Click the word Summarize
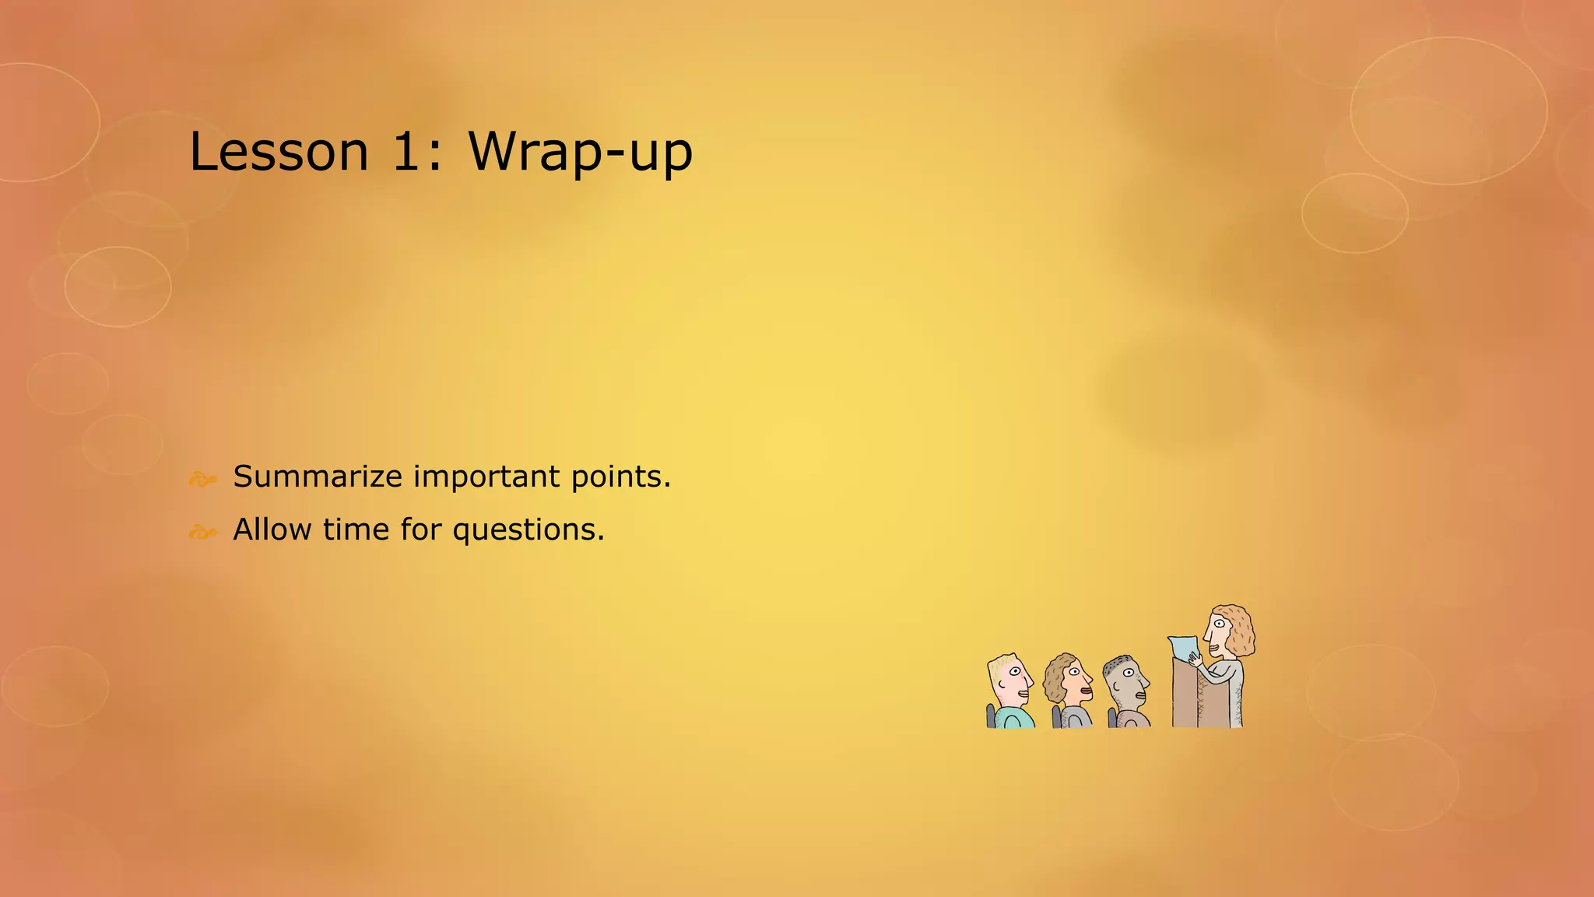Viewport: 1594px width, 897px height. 317,477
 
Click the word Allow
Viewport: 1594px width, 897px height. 272,529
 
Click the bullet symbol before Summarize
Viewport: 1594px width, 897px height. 202,480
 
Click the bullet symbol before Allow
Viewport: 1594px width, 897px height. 202,533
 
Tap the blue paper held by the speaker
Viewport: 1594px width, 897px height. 1183,649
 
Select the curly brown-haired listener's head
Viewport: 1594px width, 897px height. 1067,677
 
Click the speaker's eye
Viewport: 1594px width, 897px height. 1218,623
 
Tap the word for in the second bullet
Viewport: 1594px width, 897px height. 420,529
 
